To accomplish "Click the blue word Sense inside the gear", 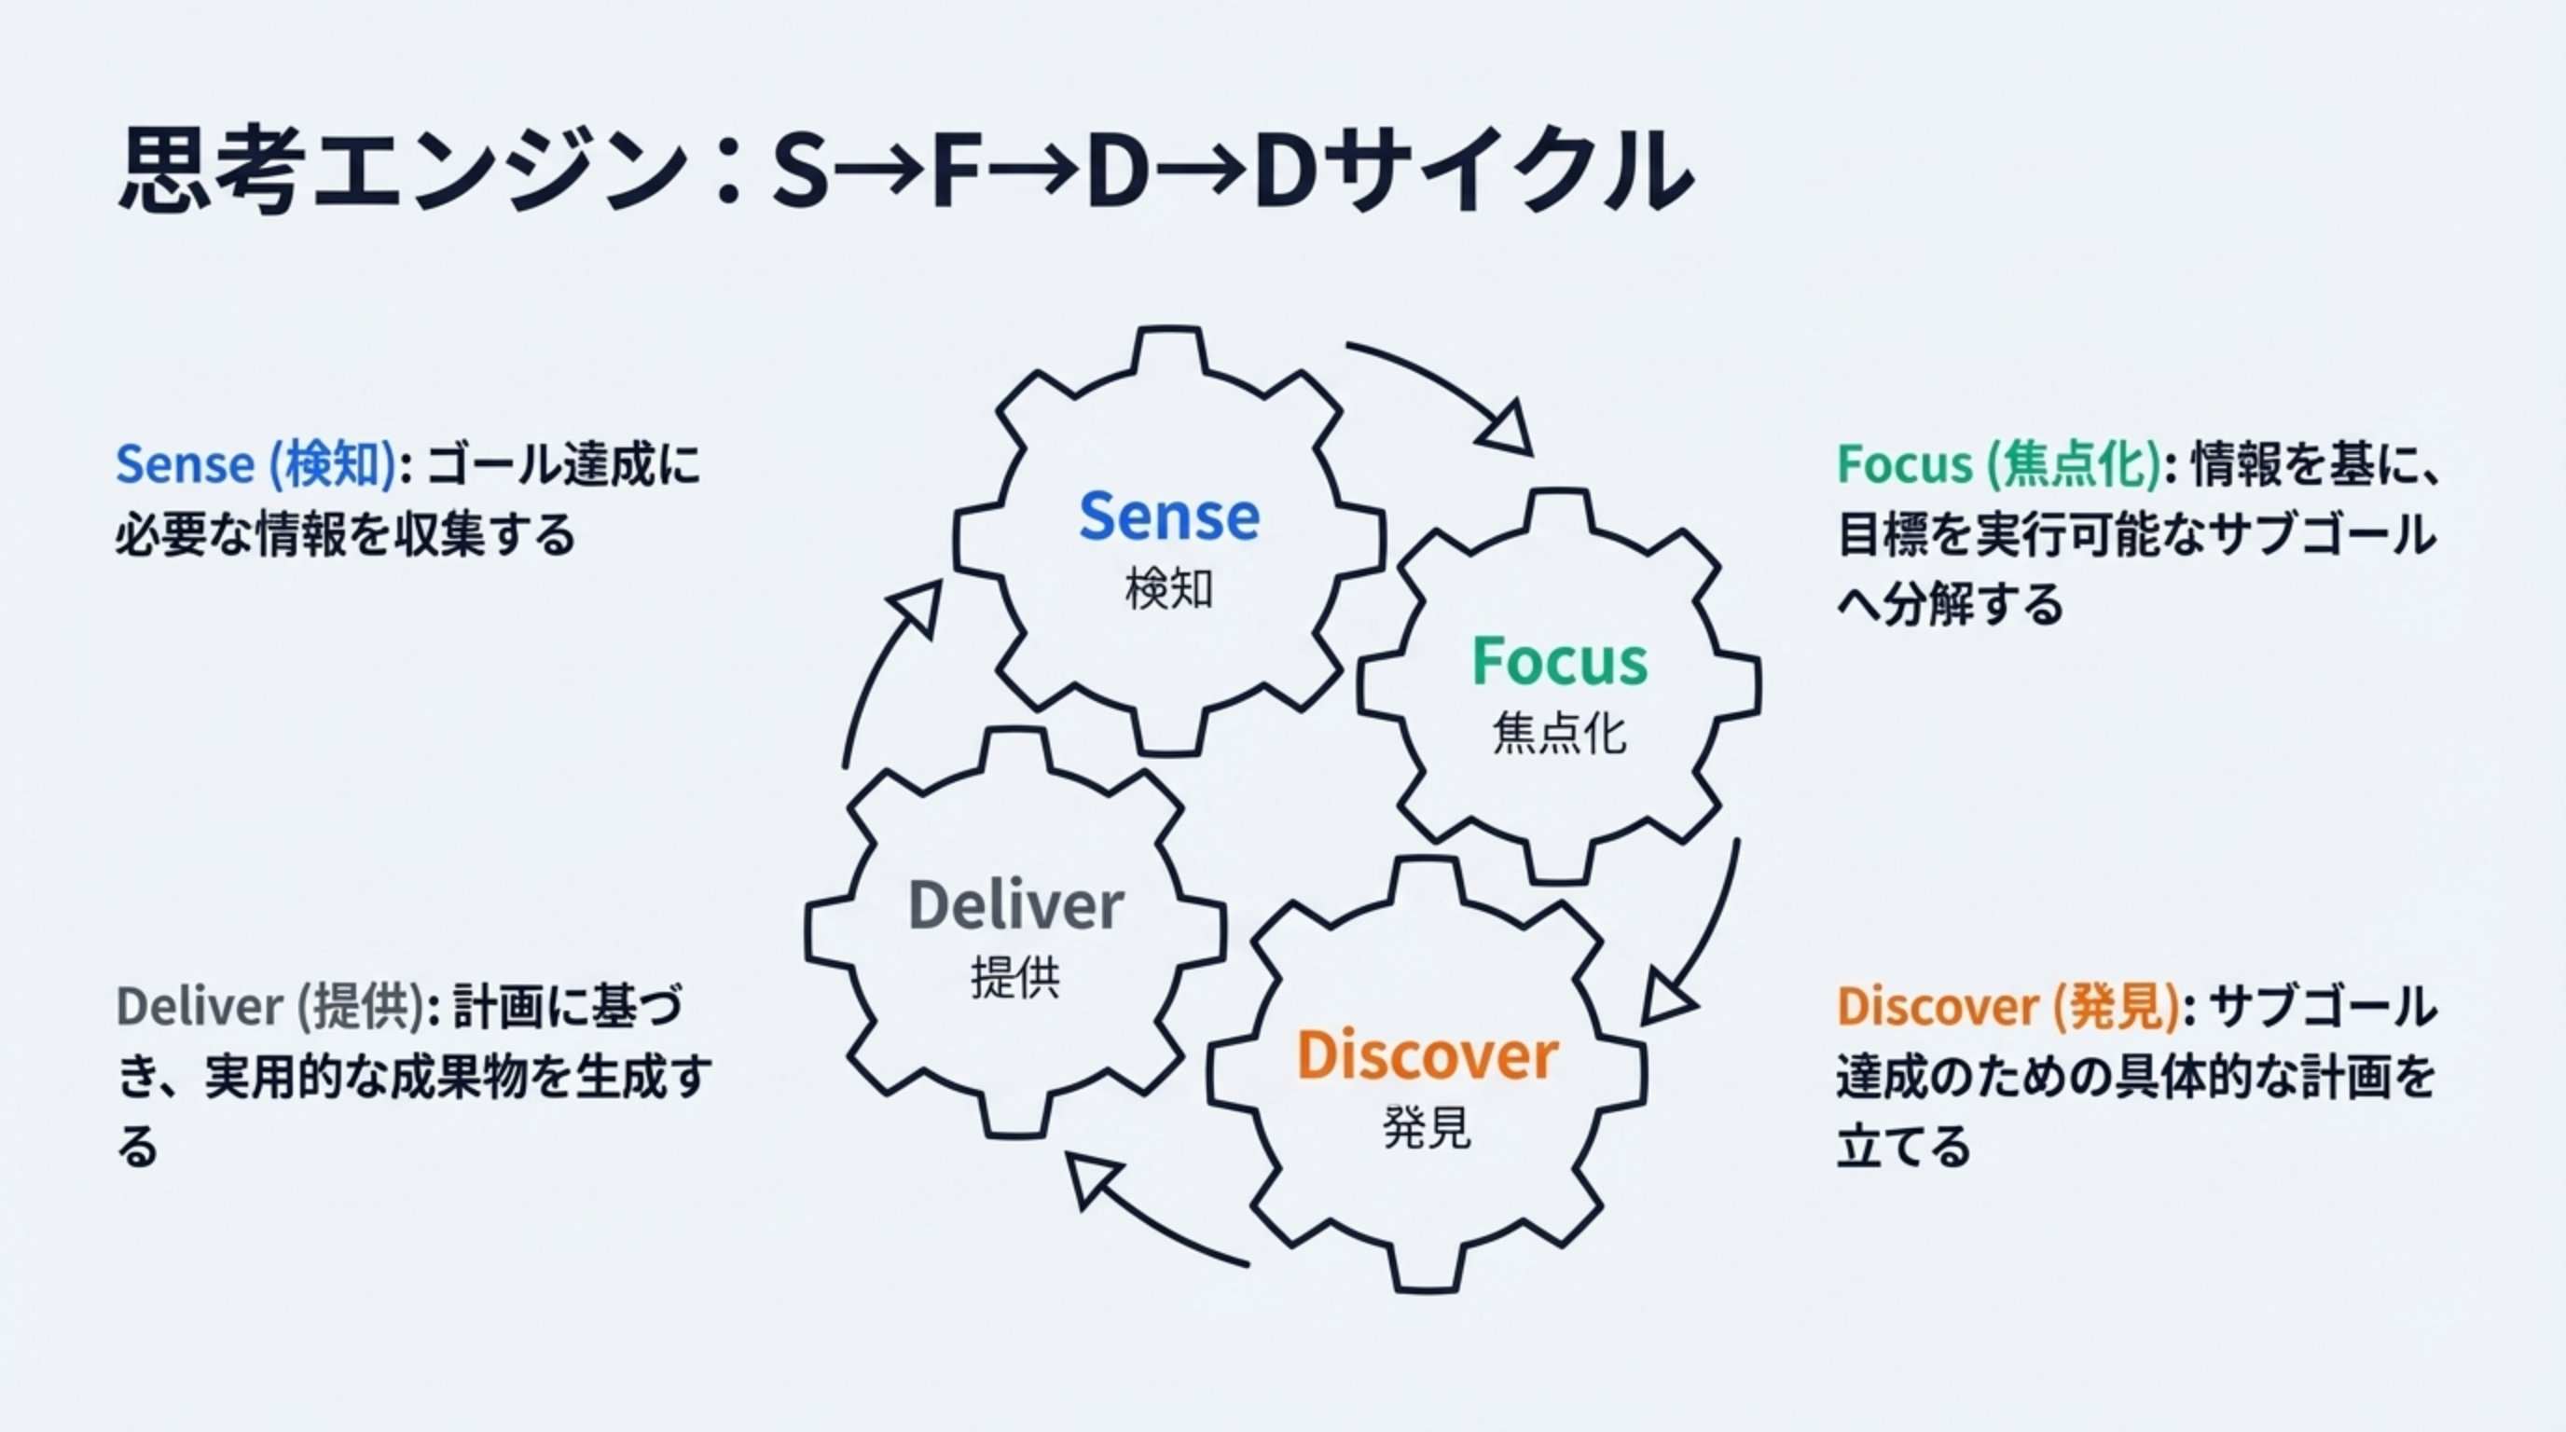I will click(1169, 516).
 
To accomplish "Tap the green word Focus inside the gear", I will click(1560, 661).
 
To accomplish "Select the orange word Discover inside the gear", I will click(1427, 1055).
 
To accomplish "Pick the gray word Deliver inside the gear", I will click(1016, 905).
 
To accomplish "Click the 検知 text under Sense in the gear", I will click(1169, 589).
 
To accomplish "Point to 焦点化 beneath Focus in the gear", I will click(1560, 734).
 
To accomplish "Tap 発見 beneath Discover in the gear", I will click(1427, 1128).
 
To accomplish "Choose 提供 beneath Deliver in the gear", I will click(1016, 979).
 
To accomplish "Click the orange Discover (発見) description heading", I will click(2007, 1008).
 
